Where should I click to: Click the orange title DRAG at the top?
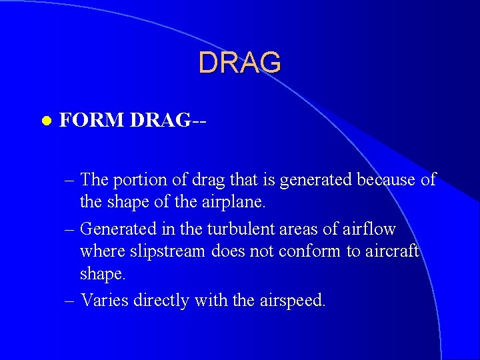click(240, 63)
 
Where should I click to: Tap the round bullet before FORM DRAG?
click(45, 121)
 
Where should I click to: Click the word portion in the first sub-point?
click(135, 180)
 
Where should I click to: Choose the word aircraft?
click(391, 251)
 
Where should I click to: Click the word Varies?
click(105, 300)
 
